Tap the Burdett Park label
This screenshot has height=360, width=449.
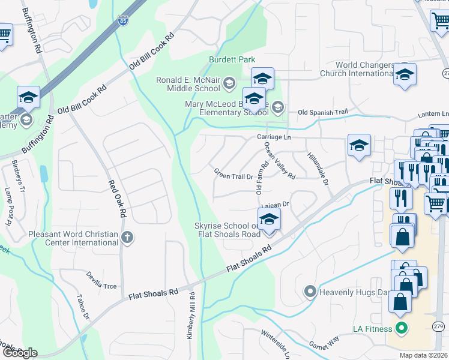232,59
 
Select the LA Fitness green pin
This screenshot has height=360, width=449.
400,328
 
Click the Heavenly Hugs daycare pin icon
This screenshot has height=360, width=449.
310,292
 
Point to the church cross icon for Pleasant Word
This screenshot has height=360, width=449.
126,237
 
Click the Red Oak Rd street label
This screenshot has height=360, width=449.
117,199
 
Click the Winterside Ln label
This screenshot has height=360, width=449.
275,343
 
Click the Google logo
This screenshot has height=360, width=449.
19,353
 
